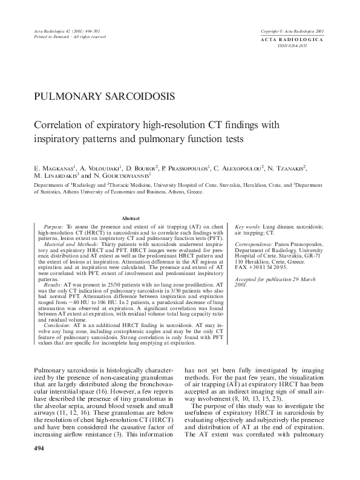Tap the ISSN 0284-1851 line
[x=293, y=45]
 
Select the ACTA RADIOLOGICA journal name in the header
[x=292, y=39]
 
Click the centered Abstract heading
[x=131, y=218]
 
